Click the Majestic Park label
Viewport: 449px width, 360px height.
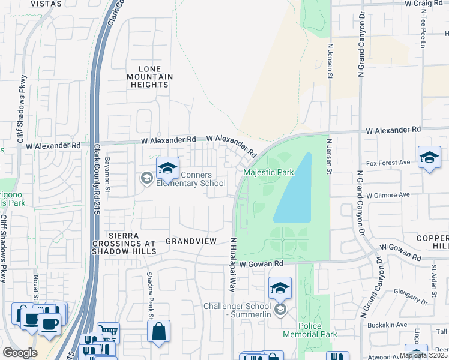(268, 172)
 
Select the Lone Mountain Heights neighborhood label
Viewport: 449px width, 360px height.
(149, 77)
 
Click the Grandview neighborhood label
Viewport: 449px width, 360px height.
(191, 241)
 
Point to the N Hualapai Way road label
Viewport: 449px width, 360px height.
(231, 263)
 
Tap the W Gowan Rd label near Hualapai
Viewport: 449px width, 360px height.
(261, 263)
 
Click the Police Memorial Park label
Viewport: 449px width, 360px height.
(310, 329)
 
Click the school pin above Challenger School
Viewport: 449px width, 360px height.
(280, 289)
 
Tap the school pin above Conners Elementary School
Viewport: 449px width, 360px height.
(167, 169)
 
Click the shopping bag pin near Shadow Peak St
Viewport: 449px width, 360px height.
(158, 332)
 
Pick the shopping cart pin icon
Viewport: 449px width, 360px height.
(108, 332)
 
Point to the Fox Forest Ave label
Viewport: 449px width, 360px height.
(388, 163)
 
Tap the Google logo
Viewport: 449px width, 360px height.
(20, 353)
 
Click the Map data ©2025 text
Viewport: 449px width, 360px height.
(423, 355)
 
